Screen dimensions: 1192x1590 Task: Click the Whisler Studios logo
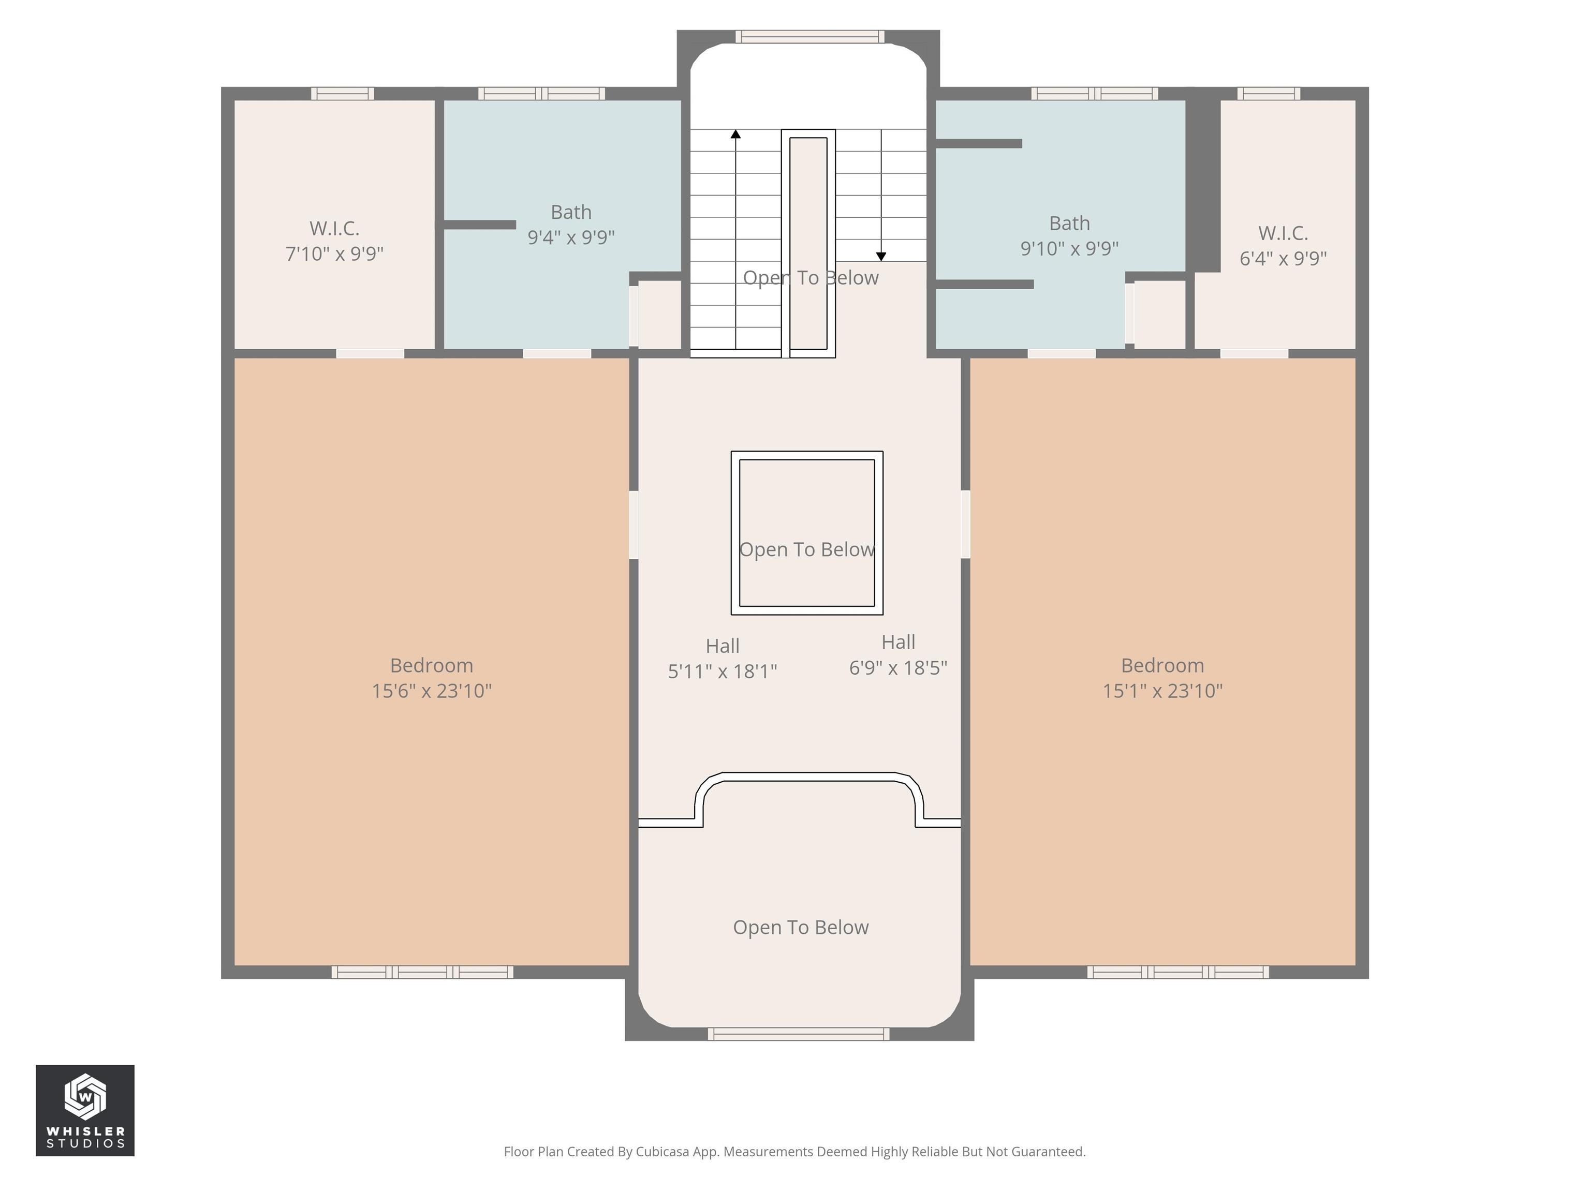coord(85,1110)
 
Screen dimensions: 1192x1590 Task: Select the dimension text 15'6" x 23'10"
coord(431,691)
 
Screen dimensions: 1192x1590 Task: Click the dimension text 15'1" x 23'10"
coord(1162,691)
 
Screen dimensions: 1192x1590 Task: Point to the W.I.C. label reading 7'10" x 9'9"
coord(334,241)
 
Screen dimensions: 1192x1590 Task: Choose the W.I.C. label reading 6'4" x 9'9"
coord(1283,246)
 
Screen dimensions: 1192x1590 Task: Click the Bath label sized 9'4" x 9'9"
coord(571,224)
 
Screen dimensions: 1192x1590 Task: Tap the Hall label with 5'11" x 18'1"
coord(723,658)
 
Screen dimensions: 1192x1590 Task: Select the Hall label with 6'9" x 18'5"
coord(898,654)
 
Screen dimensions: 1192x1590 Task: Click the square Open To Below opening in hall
coord(806,533)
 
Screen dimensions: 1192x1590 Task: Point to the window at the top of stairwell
coord(809,37)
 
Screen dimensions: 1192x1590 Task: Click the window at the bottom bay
coord(798,1034)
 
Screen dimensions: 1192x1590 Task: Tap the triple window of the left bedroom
coord(423,972)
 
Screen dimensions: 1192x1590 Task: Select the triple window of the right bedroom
coord(1177,972)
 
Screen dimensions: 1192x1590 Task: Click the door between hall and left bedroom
coord(634,525)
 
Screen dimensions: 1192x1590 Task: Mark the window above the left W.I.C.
coord(342,94)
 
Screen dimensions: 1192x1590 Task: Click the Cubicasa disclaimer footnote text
coord(794,1152)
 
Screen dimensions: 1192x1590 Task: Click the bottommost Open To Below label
coord(800,927)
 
